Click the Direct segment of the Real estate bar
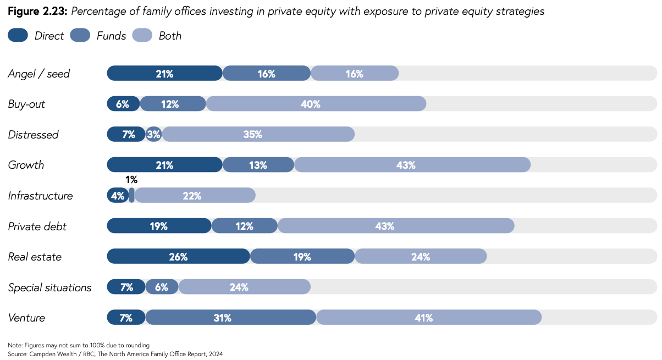coord(178,257)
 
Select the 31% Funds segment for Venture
coord(230,318)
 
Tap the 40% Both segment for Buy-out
coord(316,104)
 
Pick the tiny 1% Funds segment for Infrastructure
coord(132,196)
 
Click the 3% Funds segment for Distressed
coord(154,135)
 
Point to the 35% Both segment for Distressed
coord(258,135)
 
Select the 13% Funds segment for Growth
coord(258,165)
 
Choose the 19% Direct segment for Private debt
coord(159,226)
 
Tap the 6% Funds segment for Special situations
coord(162,287)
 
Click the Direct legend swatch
coord(18,36)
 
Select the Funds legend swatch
coord(80,36)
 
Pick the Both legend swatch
coord(142,36)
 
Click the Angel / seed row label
coord(39,74)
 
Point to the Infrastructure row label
coord(40,196)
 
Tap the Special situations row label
coord(49,287)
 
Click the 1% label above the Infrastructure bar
coord(131,180)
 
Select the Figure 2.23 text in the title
coord(36,12)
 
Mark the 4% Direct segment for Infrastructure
coord(118,196)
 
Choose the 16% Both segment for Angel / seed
coord(355,74)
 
